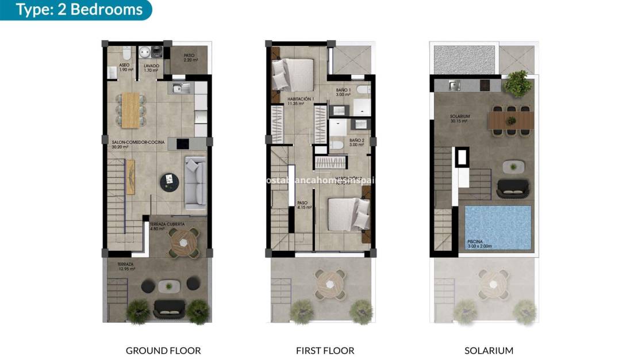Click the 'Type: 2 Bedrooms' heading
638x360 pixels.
[79, 10]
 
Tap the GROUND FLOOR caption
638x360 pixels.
[163, 350]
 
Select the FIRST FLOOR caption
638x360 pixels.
[325, 350]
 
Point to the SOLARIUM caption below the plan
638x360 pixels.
[489, 350]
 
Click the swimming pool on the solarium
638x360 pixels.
[497, 228]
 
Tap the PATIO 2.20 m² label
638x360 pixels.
[190, 58]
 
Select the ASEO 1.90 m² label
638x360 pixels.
[126, 68]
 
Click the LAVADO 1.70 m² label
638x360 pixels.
[152, 68]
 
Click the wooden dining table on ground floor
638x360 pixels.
[131, 109]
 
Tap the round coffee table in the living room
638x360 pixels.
[169, 182]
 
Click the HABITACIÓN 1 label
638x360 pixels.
[301, 101]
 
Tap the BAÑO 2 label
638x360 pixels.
[356, 142]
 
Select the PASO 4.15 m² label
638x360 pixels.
[304, 205]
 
